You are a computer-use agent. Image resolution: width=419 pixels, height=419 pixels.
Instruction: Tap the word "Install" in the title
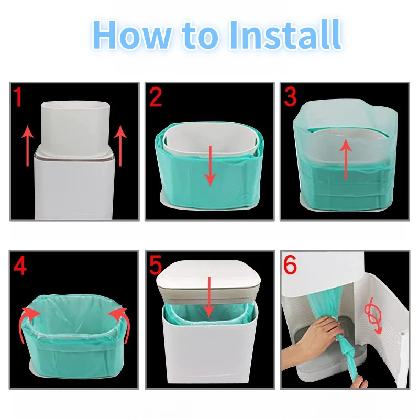285,35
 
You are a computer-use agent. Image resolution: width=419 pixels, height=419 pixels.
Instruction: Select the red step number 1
18,96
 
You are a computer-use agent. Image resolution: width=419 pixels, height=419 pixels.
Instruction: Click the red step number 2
156,97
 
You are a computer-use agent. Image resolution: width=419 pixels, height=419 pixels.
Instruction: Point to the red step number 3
291,97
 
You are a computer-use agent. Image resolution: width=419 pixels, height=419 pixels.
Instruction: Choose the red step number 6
290,265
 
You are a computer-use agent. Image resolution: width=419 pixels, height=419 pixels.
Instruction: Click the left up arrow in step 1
28,146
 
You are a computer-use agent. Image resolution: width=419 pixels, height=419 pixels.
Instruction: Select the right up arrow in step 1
120,146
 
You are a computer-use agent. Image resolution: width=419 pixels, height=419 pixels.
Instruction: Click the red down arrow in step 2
211,166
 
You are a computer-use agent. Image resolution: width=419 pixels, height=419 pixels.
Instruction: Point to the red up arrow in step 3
346,159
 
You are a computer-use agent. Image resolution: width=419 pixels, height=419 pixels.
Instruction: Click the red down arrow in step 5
209,297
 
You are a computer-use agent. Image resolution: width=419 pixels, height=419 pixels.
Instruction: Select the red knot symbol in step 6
372,317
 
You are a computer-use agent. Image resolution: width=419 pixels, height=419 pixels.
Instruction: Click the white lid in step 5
208,281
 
